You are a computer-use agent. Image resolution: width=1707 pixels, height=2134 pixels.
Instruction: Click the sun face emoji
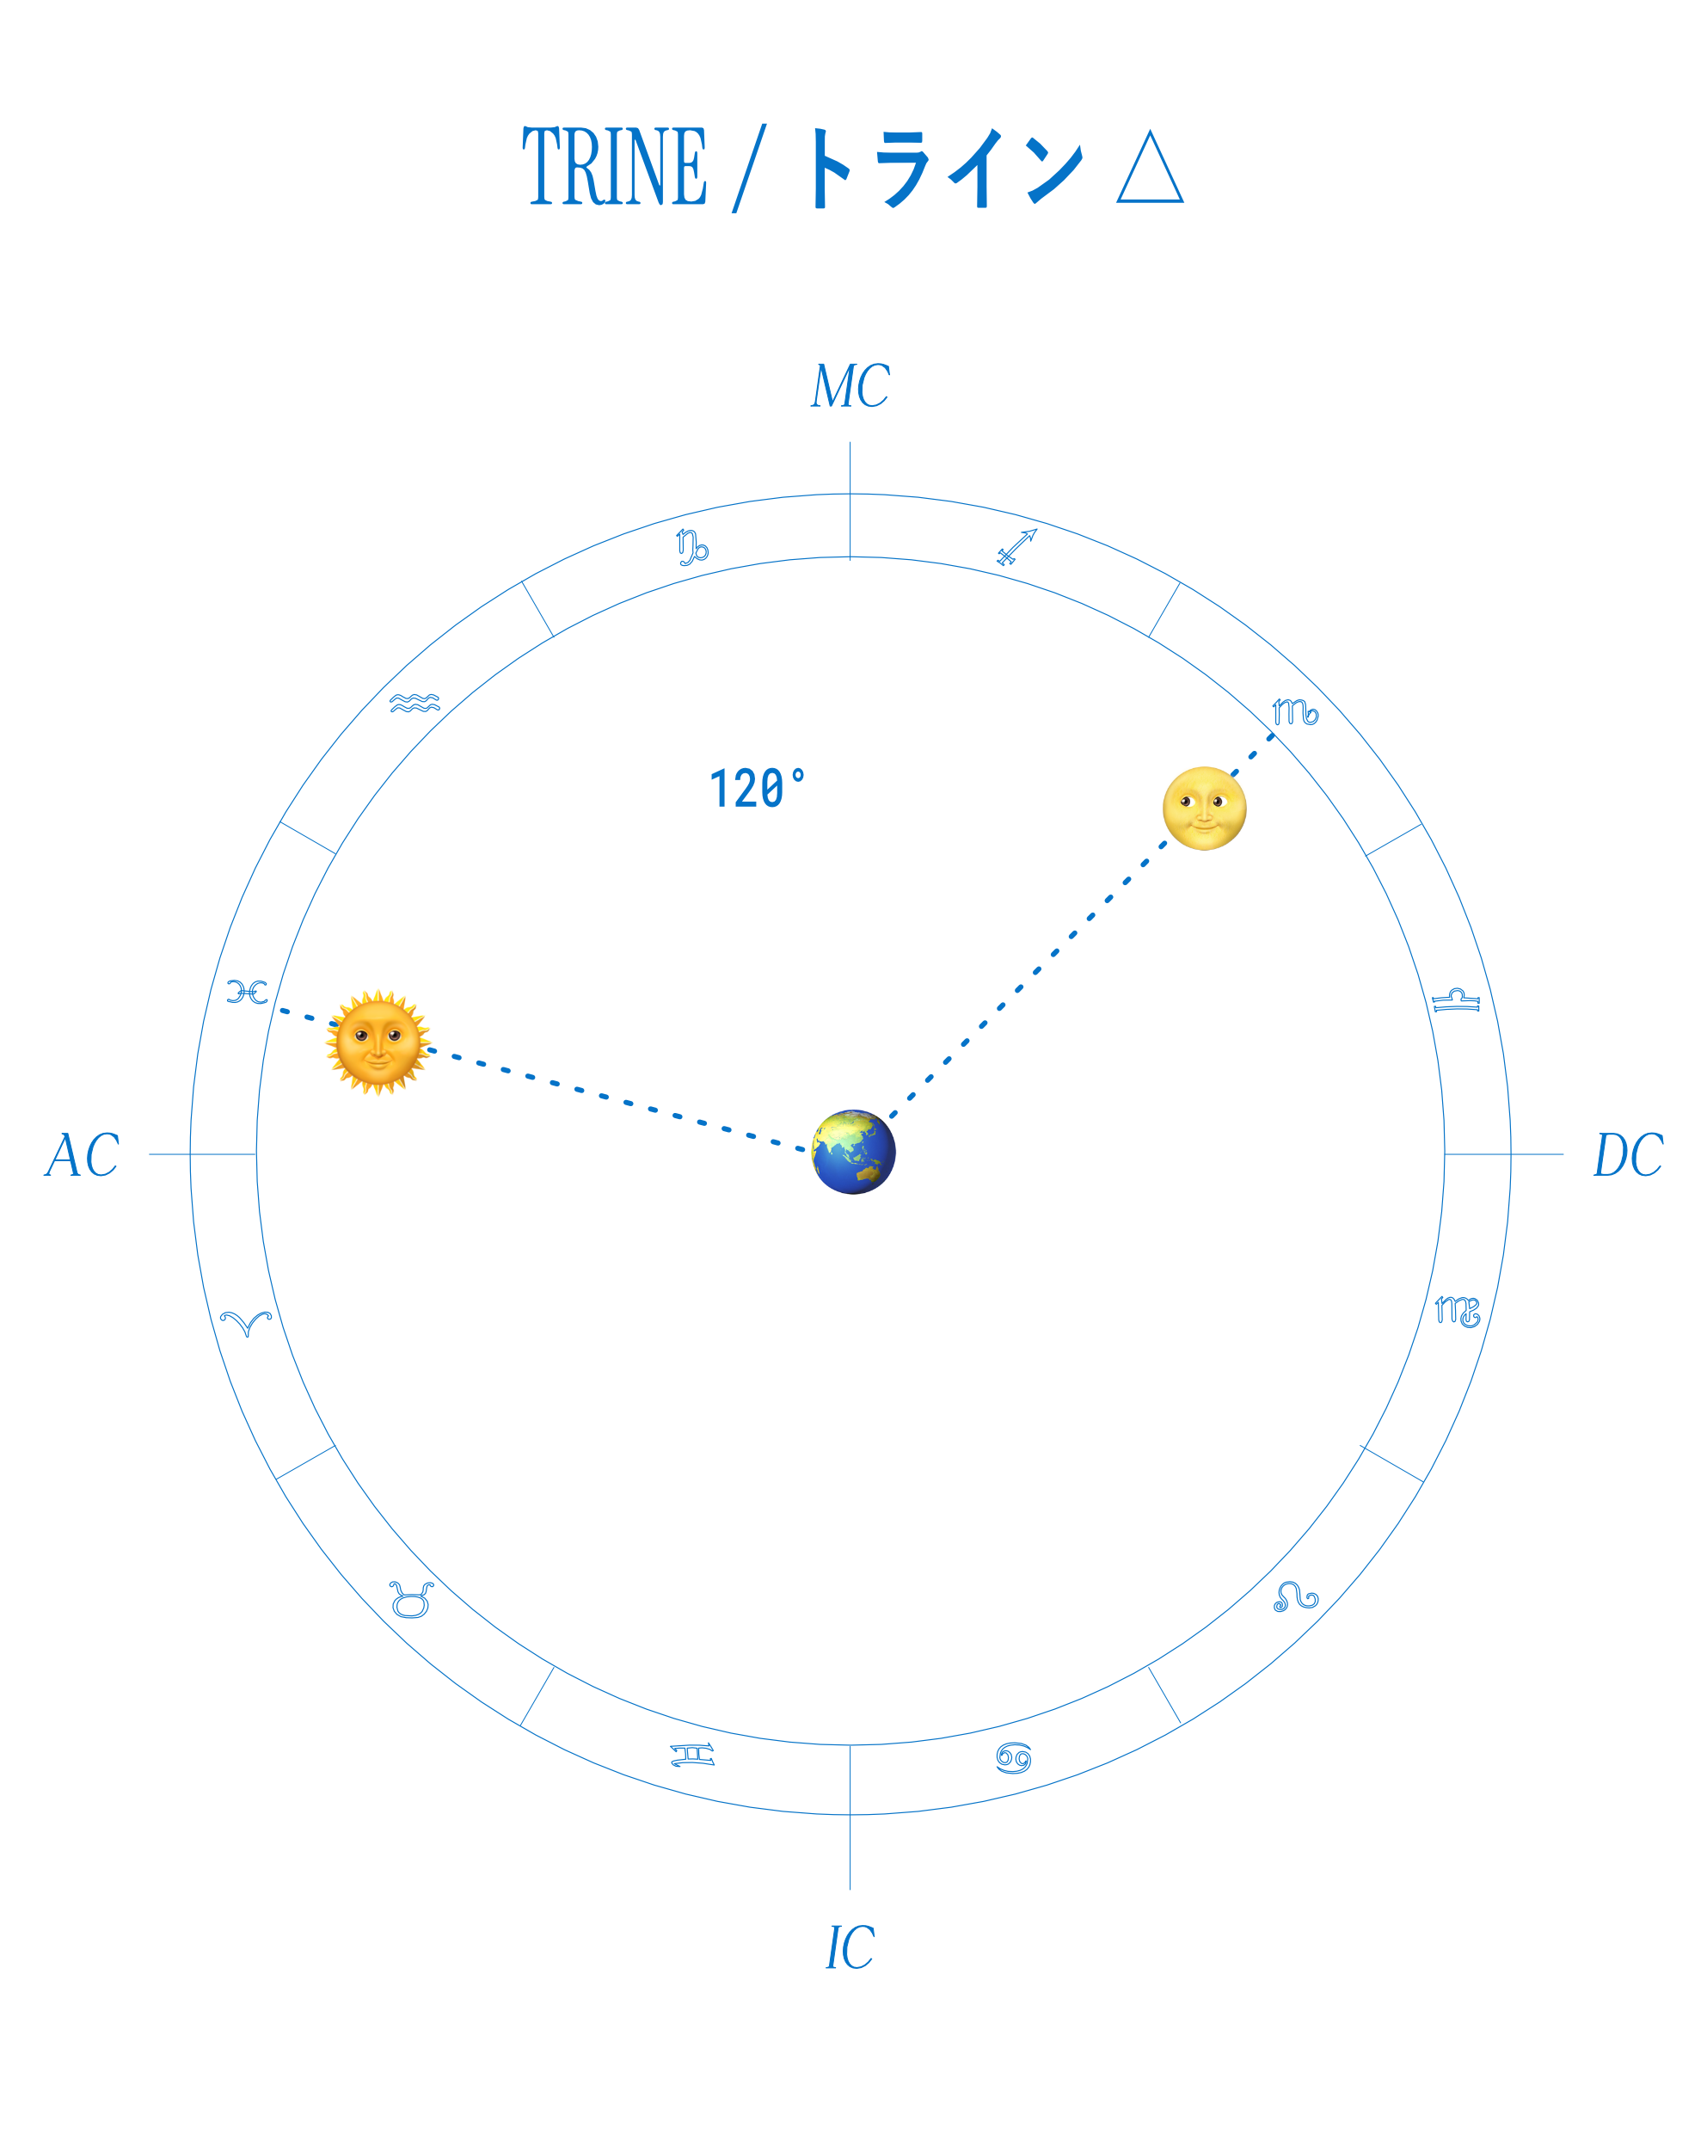click(x=378, y=1043)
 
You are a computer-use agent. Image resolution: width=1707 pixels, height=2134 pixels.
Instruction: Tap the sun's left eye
click(x=361, y=1036)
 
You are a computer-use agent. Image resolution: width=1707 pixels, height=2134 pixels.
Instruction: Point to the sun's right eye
click(x=395, y=1036)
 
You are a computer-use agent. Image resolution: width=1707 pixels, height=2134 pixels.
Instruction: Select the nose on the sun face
click(x=378, y=1051)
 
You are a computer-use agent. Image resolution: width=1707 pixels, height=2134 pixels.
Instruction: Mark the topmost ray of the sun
click(x=376, y=993)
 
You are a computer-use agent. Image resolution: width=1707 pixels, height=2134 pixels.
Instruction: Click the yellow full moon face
click(x=1202, y=808)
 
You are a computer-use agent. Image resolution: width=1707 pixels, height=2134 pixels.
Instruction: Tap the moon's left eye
click(x=1187, y=801)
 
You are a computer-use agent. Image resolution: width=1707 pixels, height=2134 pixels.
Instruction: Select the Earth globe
click(x=854, y=1152)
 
